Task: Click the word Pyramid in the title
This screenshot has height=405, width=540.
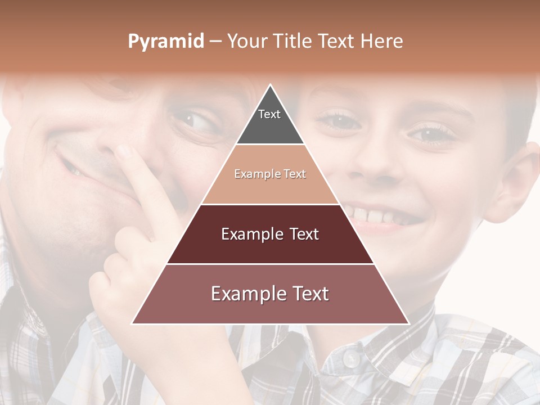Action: [165, 42]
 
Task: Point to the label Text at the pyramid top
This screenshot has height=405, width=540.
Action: [269, 114]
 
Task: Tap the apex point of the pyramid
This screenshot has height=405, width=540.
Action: [271, 85]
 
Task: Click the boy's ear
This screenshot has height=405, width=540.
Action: [515, 180]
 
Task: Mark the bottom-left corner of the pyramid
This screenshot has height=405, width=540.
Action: [132, 324]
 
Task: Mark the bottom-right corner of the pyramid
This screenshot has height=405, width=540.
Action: [409, 324]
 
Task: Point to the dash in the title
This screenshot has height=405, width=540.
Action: [215, 42]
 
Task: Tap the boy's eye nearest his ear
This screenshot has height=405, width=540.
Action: [433, 134]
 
